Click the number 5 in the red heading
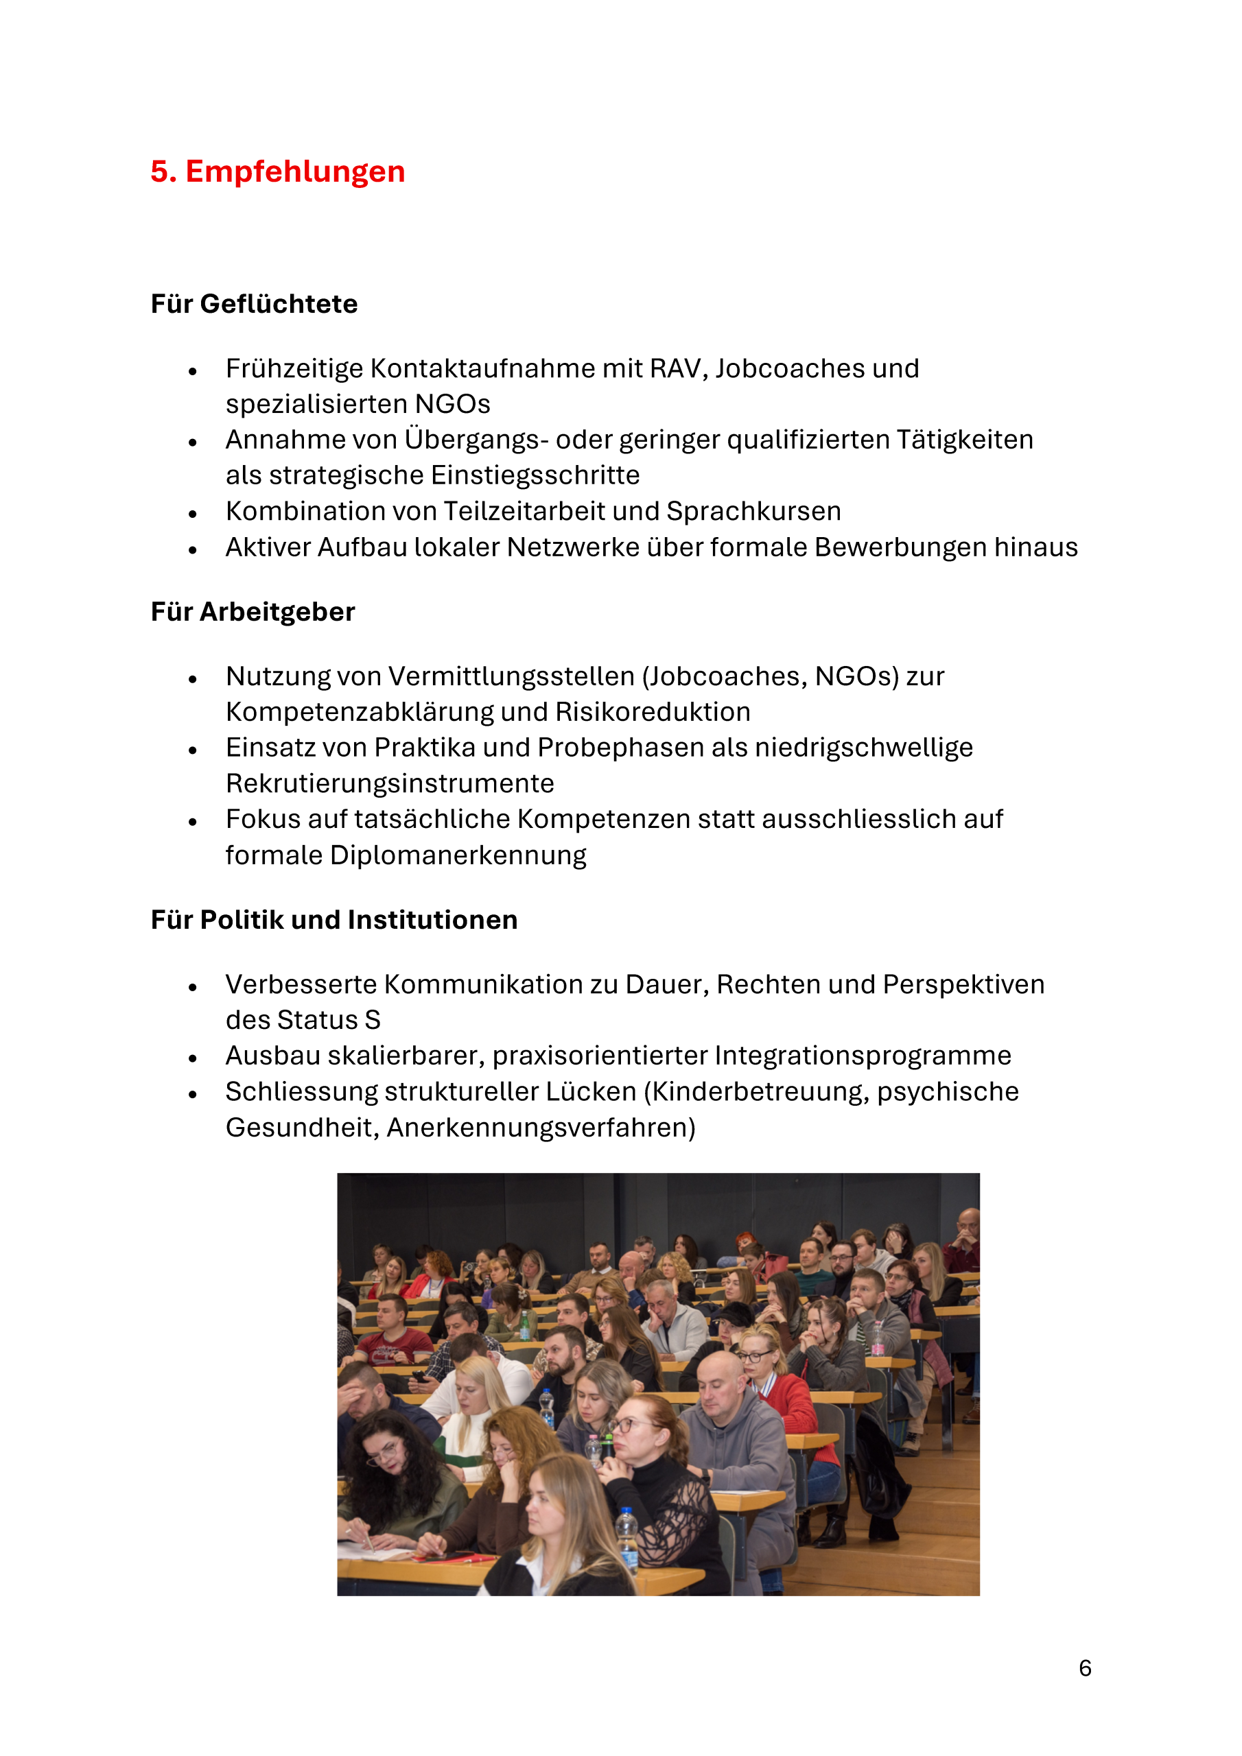click(159, 171)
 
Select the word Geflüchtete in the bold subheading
click(279, 304)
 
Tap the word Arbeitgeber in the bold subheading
click(277, 612)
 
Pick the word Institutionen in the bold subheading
click(432, 919)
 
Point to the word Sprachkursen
click(753, 511)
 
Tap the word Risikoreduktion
click(653, 712)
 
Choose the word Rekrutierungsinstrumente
click(390, 783)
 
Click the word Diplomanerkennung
click(458, 855)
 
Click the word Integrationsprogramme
click(863, 1056)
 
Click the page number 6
click(1084, 1668)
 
